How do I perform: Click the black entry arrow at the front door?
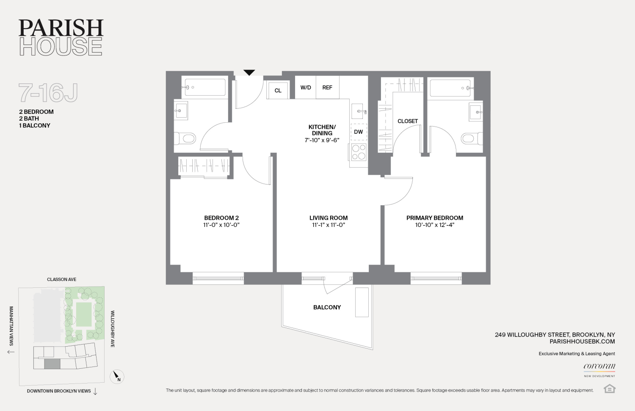point(249,72)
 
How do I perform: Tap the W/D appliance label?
point(306,88)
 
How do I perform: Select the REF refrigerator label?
point(327,88)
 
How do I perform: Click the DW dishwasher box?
point(358,132)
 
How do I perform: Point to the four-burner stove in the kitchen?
point(359,152)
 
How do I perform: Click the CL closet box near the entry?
point(278,90)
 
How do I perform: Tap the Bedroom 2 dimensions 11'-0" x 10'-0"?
point(221,225)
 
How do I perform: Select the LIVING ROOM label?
point(328,218)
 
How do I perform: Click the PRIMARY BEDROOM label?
point(434,218)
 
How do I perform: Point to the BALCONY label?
point(327,307)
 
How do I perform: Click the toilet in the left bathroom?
point(185,138)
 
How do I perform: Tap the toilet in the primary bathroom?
point(471,138)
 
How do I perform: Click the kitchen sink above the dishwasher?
point(359,112)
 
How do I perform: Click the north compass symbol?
point(117,376)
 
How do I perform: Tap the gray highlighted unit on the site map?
point(52,364)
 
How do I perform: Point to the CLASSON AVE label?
point(62,279)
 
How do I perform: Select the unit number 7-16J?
point(48,93)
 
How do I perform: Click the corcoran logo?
point(599,366)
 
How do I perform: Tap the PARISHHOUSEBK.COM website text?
point(582,341)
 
